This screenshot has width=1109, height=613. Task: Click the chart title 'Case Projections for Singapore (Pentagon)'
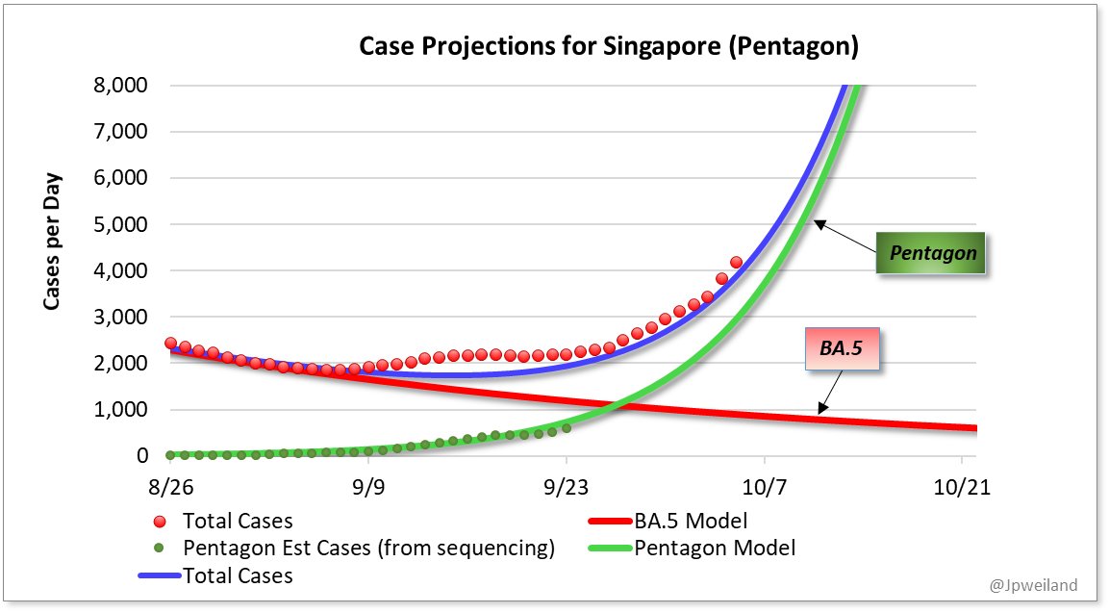[x=608, y=46]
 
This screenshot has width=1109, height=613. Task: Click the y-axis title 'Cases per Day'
[x=52, y=242]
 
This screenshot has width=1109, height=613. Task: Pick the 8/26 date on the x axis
[x=170, y=488]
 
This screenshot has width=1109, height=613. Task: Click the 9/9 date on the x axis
[x=368, y=488]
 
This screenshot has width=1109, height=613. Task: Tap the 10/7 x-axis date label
[x=764, y=488]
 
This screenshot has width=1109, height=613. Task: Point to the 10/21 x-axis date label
[x=962, y=488]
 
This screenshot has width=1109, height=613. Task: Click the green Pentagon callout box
[x=932, y=254]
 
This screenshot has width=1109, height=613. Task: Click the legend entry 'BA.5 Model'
[x=691, y=522]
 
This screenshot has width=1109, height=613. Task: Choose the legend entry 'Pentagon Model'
[x=715, y=549]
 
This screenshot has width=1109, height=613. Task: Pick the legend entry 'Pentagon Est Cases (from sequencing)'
[x=368, y=549]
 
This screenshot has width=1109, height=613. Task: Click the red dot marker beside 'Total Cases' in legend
[x=160, y=522]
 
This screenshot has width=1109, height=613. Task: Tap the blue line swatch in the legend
[x=160, y=576]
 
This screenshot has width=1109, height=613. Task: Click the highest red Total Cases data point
[x=736, y=262]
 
